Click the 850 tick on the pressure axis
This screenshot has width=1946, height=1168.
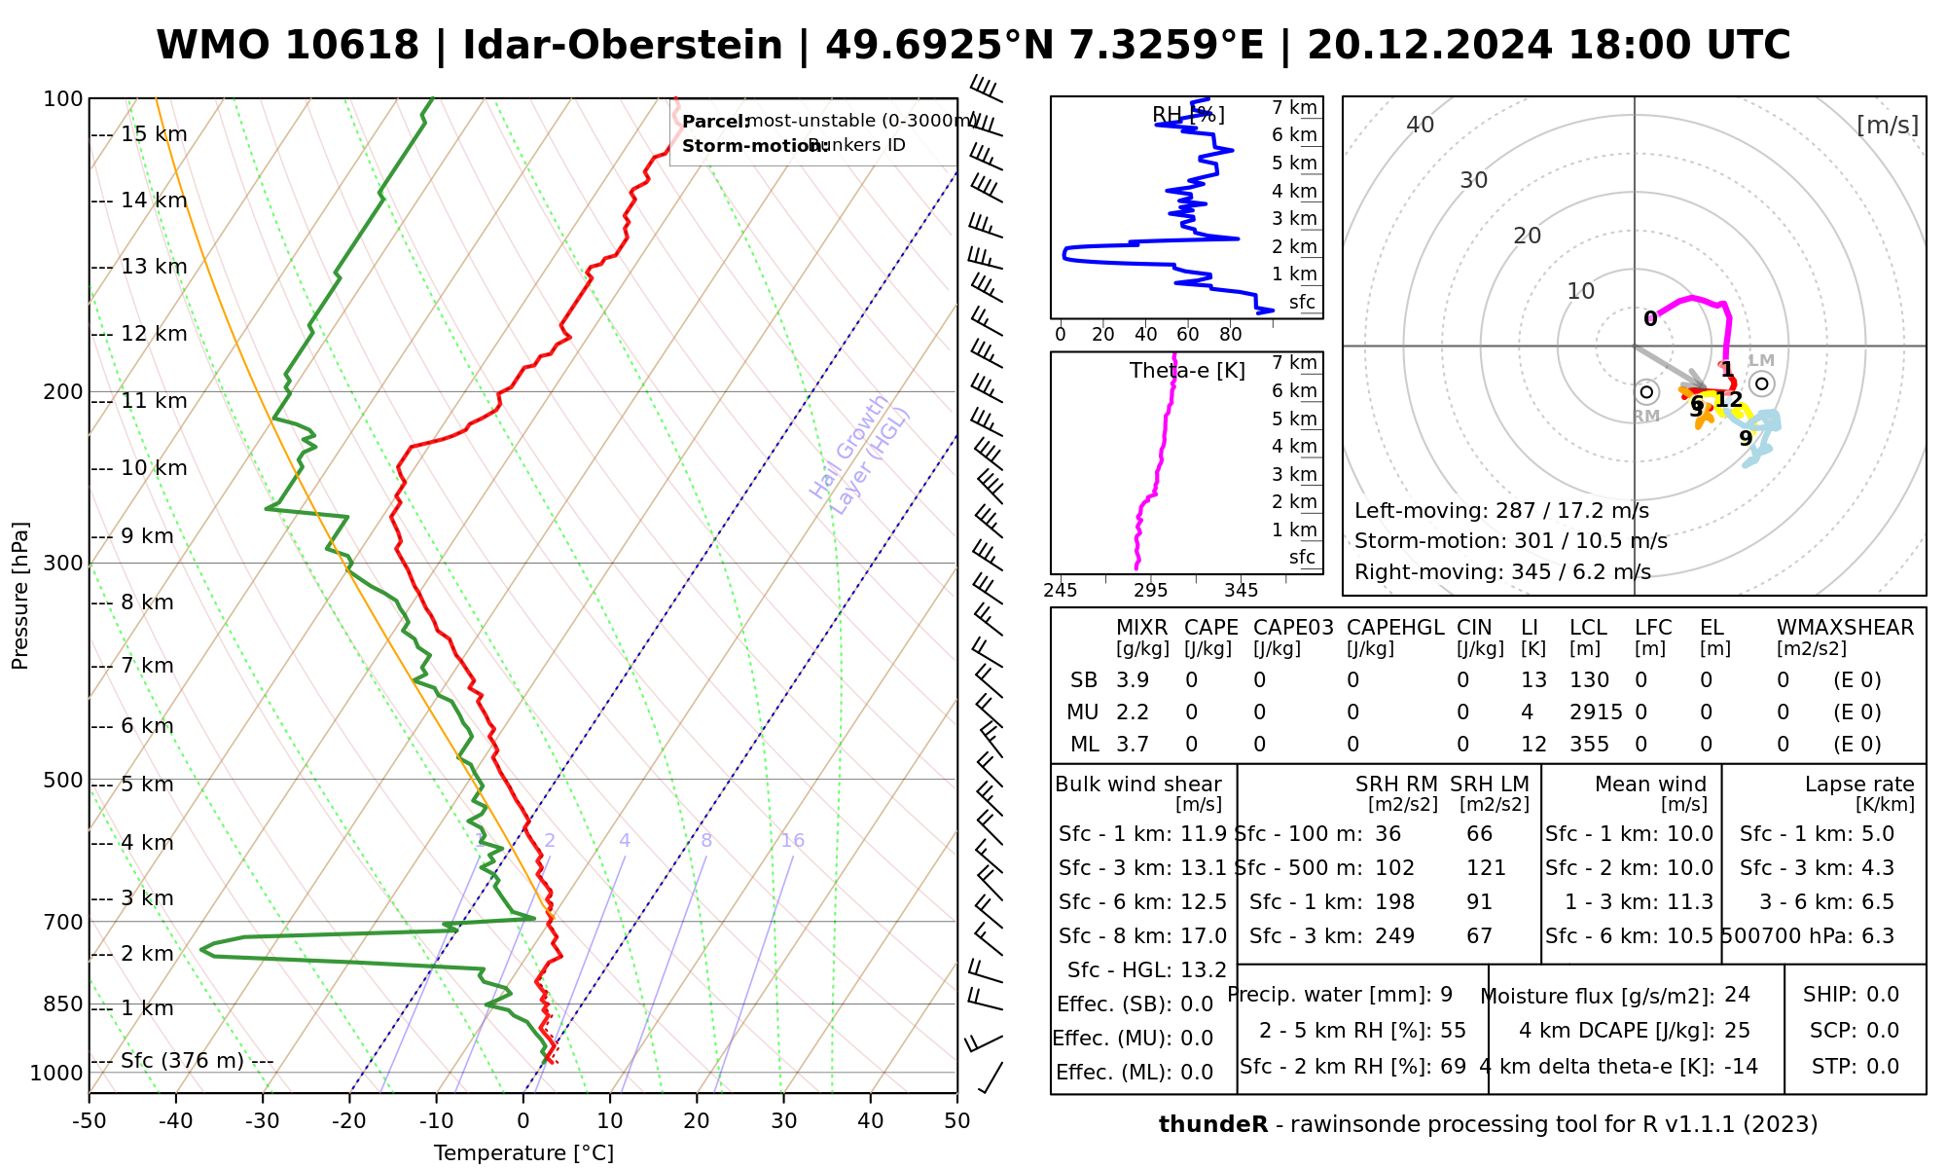[x=63, y=1004]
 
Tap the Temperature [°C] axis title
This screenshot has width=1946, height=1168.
[x=523, y=1153]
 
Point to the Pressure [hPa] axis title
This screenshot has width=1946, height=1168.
[x=20, y=596]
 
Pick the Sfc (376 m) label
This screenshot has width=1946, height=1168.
[x=182, y=1060]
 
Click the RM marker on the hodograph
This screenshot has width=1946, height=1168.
[x=1646, y=392]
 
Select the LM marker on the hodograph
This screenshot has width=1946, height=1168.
[x=1761, y=383]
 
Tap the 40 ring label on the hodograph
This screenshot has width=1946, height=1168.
[x=1421, y=125]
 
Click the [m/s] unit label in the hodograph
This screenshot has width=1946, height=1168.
[x=1887, y=125]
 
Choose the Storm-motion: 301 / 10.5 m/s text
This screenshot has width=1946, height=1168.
[x=1510, y=541]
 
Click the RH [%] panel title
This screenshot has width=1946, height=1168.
[x=1188, y=115]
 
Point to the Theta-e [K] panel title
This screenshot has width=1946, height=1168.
[x=1187, y=371]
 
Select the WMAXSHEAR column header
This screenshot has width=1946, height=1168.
[x=1845, y=628]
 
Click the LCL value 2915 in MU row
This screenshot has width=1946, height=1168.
[x=1596, y=712]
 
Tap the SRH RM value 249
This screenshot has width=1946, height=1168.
[x=1394, y=936]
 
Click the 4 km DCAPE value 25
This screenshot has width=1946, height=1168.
[x=1737, y=1031]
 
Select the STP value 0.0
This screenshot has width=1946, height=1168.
[x=1883, y=1067]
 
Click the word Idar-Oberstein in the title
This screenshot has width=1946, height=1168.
[x=623, y=46]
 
